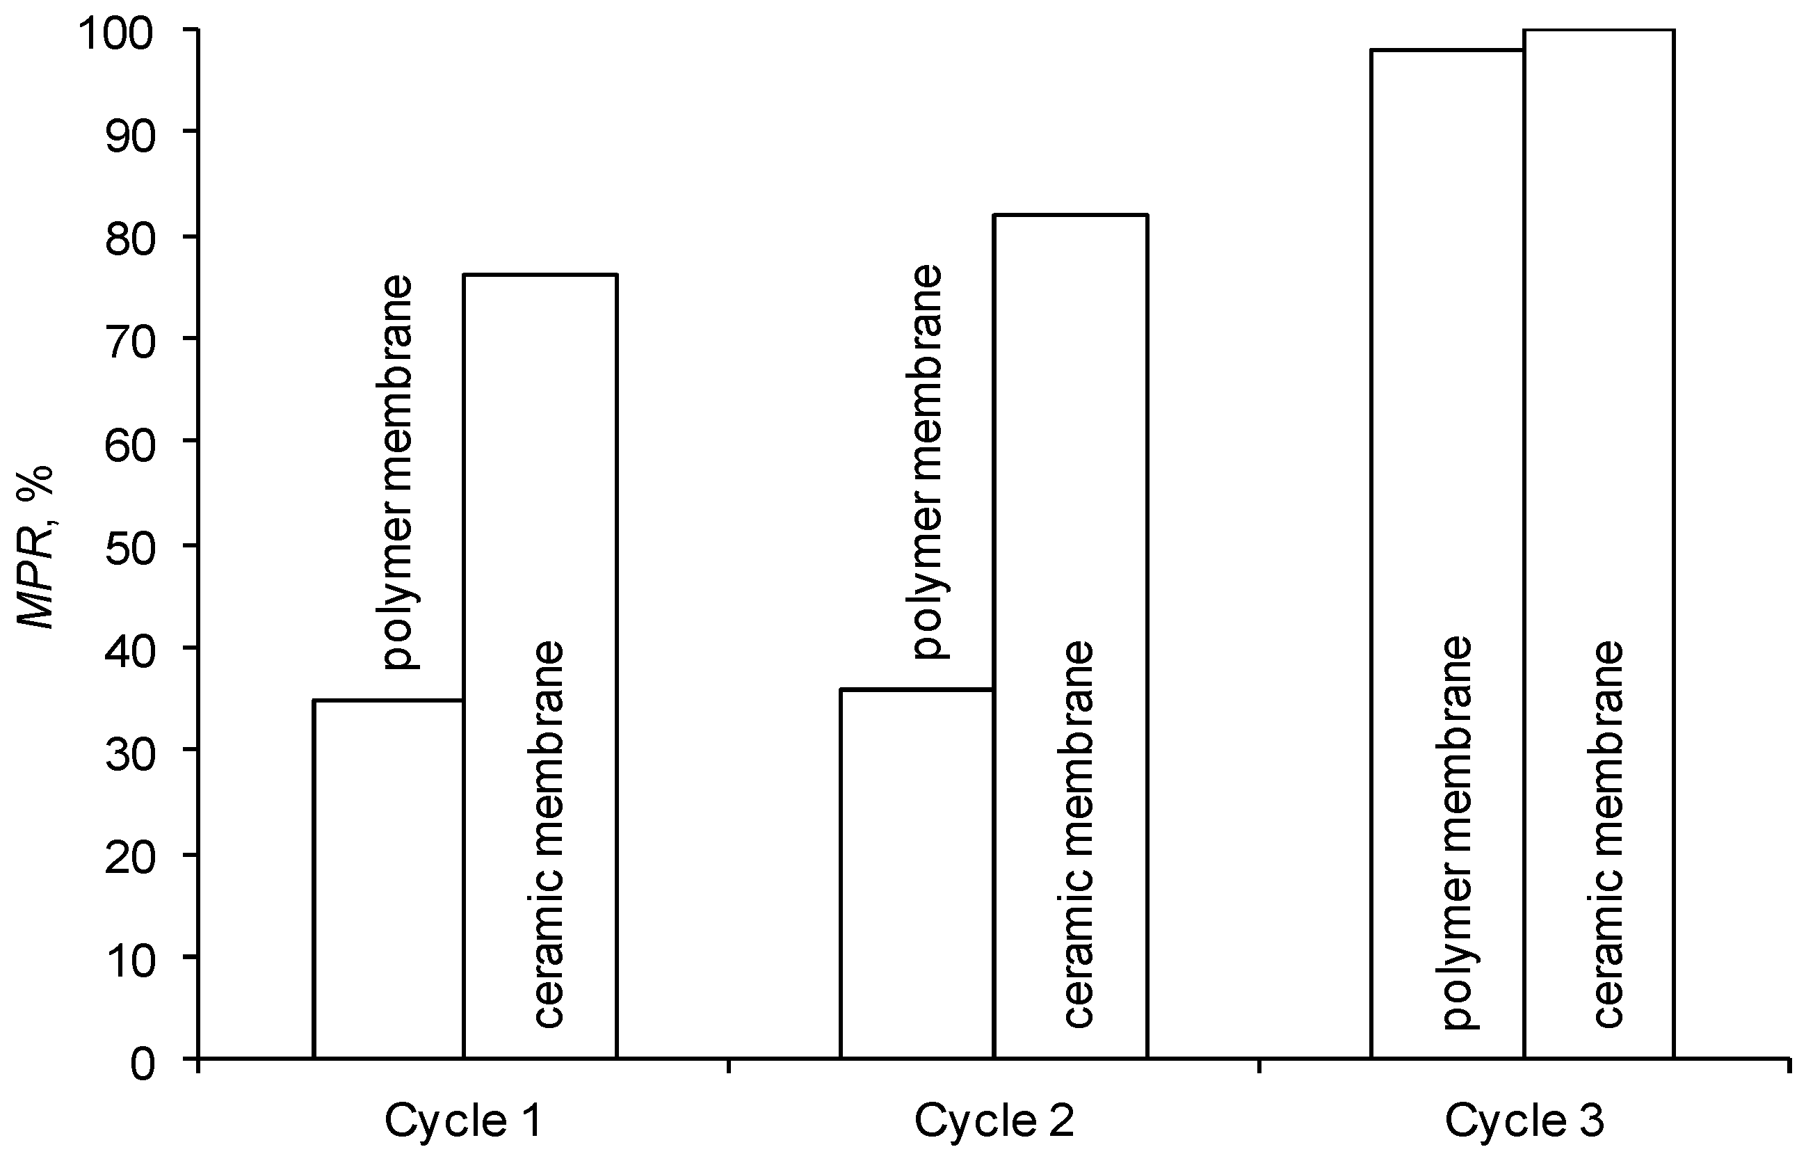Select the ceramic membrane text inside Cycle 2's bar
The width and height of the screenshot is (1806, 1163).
[1078, 834]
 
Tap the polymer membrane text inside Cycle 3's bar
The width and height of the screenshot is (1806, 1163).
[1457, 834]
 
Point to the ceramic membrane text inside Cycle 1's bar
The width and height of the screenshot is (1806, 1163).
[548, 834]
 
